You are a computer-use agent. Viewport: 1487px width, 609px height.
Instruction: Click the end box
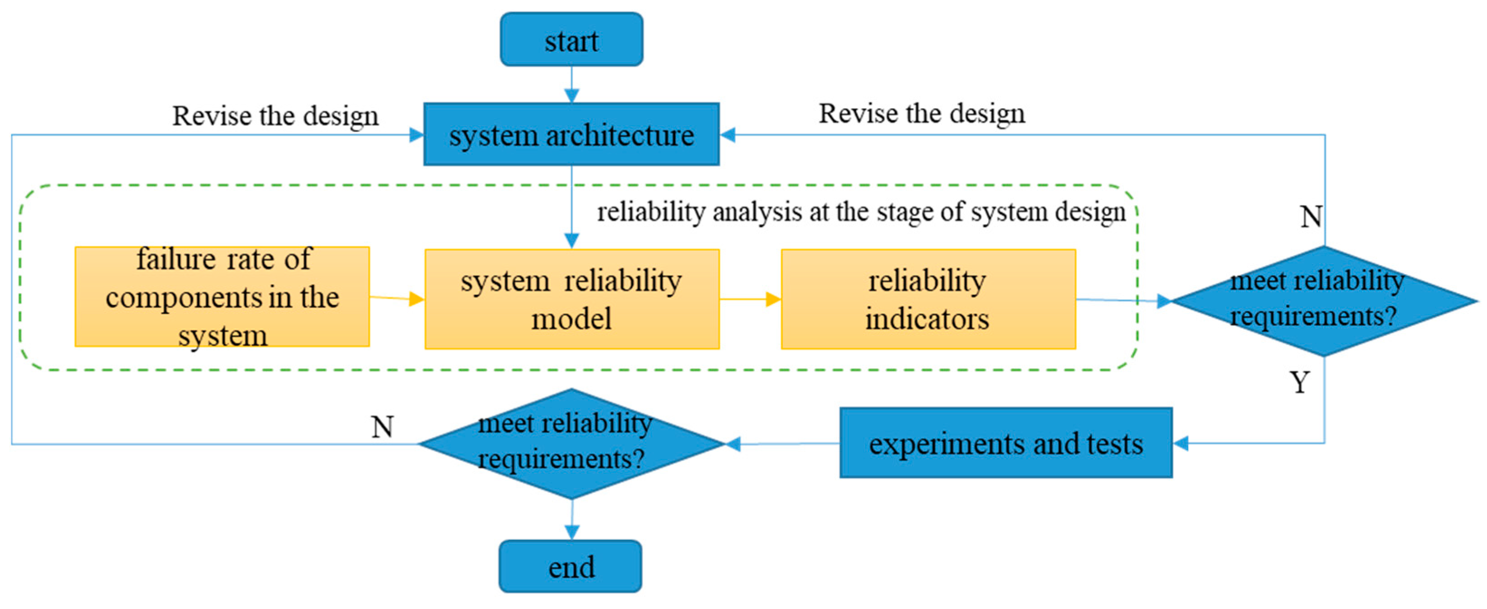[570, 566]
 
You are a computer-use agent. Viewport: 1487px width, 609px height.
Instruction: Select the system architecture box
[572, 134]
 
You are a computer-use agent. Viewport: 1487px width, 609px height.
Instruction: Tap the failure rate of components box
[222, 297]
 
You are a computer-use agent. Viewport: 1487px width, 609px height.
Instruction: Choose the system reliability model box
[572, 299]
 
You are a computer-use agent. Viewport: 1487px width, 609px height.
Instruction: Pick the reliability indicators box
[928, 299]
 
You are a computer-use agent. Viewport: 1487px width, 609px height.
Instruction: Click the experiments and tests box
[1005, 443]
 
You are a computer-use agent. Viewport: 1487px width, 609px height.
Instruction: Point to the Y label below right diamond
[1299, 382]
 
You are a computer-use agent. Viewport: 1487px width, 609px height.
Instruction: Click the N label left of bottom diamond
[382, 427]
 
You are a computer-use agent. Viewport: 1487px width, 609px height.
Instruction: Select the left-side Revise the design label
[275, 116]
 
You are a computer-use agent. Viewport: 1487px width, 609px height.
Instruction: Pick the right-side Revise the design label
[922, 114]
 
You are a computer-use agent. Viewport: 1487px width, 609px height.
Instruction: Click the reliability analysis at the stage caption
[861, 212]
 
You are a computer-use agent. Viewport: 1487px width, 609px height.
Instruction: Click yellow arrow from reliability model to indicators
[750, 299]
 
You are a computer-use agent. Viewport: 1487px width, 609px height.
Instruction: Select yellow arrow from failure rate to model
[397, 298]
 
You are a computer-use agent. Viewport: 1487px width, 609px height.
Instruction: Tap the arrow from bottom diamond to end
[572, 519]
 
